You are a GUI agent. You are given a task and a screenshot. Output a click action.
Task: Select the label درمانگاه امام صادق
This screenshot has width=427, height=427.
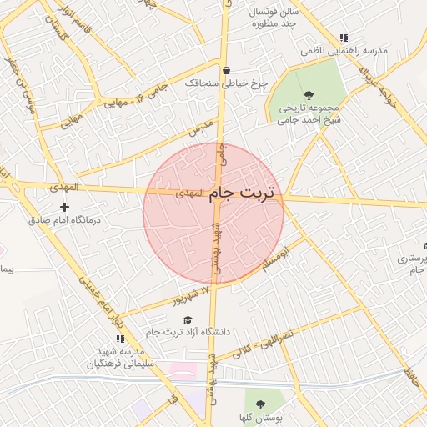coord(64,220)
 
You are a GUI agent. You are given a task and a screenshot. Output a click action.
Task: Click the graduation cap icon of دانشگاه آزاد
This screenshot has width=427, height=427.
coord(187,320)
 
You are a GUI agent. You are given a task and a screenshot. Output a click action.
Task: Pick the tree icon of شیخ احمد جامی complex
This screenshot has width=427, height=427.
coord(310,95)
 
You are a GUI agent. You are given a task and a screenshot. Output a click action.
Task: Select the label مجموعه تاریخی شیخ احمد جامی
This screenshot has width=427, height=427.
coord(310,113)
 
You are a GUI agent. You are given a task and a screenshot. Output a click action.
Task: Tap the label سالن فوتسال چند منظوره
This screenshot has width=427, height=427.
coord(277,18)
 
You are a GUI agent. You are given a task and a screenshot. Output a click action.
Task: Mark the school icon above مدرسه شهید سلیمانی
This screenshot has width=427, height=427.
coord(120,339)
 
